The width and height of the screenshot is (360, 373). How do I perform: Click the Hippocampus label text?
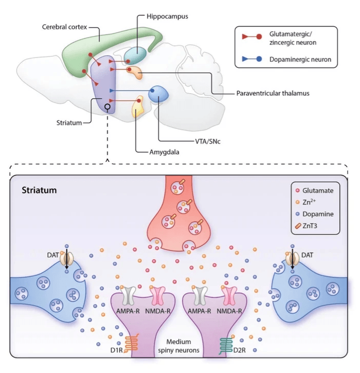(x=167, y=16)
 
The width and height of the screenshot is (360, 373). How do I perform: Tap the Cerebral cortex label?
(x=64, y=27)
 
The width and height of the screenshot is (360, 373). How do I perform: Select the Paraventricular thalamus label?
(x=273, y=93)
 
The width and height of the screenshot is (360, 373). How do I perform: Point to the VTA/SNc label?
(x=208, y=141)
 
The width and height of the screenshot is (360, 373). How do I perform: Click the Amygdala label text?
(x=164, y=152)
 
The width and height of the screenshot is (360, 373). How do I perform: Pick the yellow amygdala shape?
(x=138, y=106)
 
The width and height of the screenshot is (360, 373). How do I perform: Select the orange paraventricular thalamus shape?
(x=134, y=72)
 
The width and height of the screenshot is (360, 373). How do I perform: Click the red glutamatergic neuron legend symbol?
(x=252, y=37)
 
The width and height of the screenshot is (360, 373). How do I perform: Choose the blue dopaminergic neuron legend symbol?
(x=252, y=59)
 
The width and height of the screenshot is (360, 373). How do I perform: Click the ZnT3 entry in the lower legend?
(x=306, y=225)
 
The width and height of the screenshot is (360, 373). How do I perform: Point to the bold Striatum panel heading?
(x=39, y=190)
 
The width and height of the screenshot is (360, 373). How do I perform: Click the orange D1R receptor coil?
(x=132, y=343)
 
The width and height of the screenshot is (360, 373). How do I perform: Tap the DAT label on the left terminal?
(x=53, y=255)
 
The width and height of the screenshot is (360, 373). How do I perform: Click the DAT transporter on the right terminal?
(x=293, y=259)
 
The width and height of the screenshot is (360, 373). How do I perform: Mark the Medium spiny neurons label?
(x=178, y=346)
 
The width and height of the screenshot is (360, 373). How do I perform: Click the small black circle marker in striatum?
(x=107, y=107)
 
